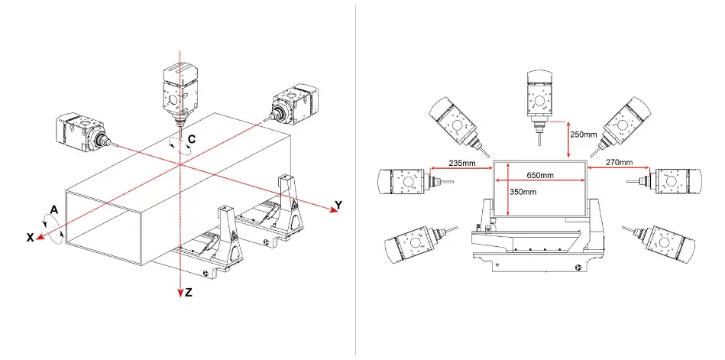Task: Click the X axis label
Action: [x=31, y=238]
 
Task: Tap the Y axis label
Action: [x=338, y=205]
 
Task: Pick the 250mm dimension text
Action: [x=584, y=135]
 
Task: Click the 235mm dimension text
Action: [x=462, y=162]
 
